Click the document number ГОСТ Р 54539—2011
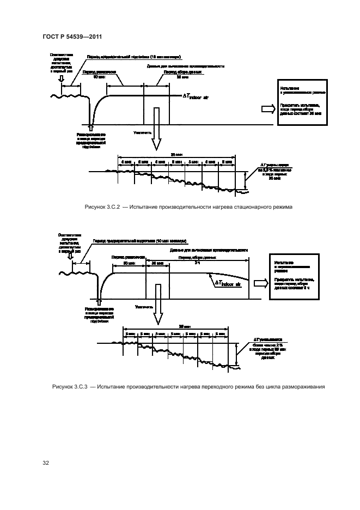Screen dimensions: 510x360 (72, 37)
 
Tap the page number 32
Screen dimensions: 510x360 (46, 463)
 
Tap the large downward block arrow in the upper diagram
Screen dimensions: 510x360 (156, 129)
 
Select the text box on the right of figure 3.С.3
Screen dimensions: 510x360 (291, 277)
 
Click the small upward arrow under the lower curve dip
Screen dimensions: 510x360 (98, 300)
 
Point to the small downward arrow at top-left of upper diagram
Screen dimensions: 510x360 (62, 80)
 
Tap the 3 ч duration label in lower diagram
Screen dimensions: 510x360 (197, 263)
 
